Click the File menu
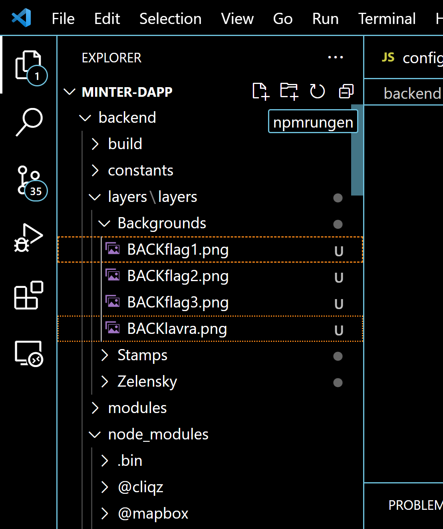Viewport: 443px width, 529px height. click(63, 19)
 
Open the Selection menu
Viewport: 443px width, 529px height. click(170, 19)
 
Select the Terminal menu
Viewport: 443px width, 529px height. click(387, 19)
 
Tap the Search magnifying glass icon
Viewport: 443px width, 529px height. click(29, 122)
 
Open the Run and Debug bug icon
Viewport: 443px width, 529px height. click(28, 238)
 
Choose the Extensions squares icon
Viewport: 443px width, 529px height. click(28, 295)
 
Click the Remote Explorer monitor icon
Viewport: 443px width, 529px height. click(28, 353)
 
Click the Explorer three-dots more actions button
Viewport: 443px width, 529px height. click(335, 58)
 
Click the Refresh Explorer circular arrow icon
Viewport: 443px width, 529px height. click(317, 92)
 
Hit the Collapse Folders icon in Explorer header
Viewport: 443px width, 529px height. click(346, 92)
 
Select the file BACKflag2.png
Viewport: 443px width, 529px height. click(178, 276)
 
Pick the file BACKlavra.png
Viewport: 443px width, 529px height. click(177, 329)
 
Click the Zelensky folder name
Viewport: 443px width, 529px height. click(147, 382)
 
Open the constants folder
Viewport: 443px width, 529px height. click(141, 171)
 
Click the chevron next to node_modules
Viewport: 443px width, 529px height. click(95, 435)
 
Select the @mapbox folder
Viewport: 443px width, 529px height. click(153, 514)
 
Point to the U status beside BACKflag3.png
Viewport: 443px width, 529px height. click(339, 304)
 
